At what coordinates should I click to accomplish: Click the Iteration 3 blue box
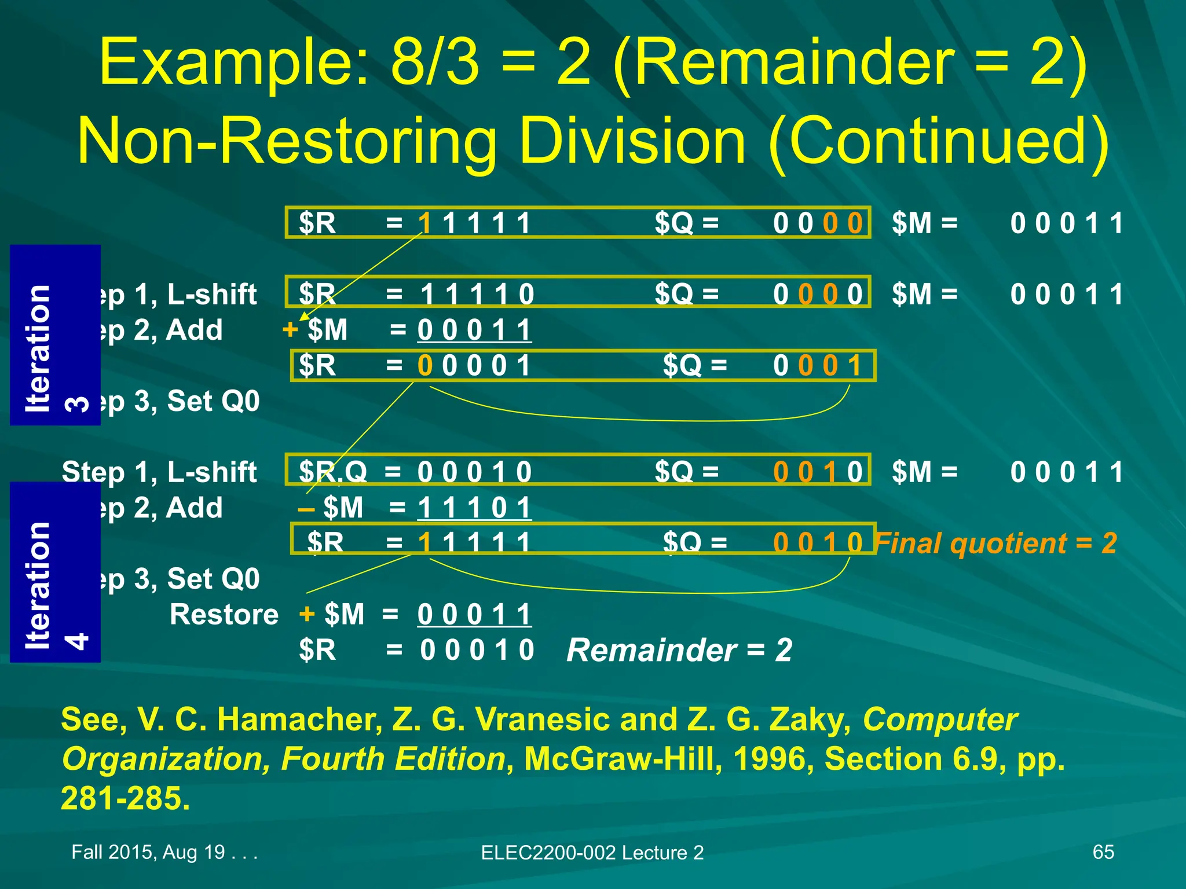click(x=55, y=335)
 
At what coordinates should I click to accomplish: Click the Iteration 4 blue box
click(x=55, y=572)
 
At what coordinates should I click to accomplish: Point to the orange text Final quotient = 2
click(x=996, y=543)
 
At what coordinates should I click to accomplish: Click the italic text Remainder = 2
click(x=679, y=649)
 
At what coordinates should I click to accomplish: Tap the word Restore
click(x=224, y=614)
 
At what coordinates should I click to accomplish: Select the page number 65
click(x=1103, y=852)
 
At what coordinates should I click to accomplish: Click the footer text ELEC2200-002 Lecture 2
click(x=592, y=853)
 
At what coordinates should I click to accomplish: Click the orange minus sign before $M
click(x=306, y=509)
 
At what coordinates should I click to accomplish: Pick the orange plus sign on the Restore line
click(x=307, y=614)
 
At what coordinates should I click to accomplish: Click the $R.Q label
click(x=332, y=472)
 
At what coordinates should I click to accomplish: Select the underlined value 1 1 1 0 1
click(x=474, y=508)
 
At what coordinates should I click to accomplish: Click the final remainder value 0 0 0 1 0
click(x=477, y=649)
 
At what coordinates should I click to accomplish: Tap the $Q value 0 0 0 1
click(x=817, y=366)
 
